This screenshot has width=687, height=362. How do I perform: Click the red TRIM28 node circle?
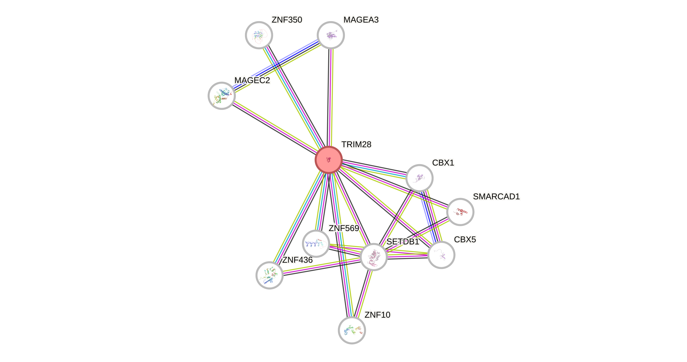point(329,160)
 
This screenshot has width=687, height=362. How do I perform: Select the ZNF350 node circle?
point(259,35)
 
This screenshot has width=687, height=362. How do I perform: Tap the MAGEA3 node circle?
point(331,35)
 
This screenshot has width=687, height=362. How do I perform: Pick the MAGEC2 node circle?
point(221,96)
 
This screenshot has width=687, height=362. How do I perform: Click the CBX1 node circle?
point(419,178)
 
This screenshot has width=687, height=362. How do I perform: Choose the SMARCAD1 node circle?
point(460,212)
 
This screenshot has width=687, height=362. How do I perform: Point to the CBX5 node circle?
point(441,255)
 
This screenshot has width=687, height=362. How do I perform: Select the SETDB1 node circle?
point(373,257)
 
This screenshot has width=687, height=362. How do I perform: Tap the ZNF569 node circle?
point(316,243)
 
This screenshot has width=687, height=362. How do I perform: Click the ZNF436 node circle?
point(269,275)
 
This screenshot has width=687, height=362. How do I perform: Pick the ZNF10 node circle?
point(352,330)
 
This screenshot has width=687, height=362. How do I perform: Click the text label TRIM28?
point(356,144)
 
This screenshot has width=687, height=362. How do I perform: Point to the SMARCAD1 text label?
point(496,197)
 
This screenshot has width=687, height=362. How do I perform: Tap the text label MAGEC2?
point(252,80)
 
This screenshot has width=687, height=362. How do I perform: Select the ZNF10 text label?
point(377,315)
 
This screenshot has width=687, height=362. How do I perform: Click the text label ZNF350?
point(287,20)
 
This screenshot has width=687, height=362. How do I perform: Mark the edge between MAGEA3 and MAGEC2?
point(276,66)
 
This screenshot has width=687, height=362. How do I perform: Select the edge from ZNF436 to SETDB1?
point(321,266)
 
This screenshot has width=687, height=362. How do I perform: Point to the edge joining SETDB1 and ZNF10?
point(363,294)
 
